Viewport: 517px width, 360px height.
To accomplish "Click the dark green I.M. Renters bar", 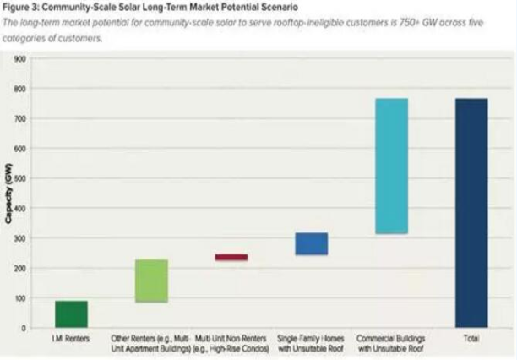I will coord(71,314).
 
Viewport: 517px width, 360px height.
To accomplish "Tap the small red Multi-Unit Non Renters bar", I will coord(231,257).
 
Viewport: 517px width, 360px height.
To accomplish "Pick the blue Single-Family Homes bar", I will coord(311,243).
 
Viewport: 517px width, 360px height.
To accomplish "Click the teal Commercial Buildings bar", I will coord(391,166).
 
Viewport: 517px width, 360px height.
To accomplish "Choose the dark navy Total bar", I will coord(471,212).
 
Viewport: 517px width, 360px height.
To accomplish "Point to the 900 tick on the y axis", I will coord(19,59).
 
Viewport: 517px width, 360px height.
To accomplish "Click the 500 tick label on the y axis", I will coord(19,178).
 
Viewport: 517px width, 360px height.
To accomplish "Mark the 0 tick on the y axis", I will coord(23,328).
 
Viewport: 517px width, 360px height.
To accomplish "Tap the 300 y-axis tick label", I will coord(19,238).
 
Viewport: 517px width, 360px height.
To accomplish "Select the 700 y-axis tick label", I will coord(19,118).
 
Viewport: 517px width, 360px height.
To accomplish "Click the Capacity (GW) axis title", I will coord(8,194).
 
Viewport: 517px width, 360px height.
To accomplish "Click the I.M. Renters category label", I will coord(71,338).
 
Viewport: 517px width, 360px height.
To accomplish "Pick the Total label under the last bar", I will coord(471,338).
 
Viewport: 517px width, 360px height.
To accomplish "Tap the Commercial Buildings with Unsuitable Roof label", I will coord(391,342).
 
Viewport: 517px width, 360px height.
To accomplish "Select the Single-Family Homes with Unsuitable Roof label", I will coord(311,342).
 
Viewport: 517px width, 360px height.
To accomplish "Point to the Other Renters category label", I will coord(151,342).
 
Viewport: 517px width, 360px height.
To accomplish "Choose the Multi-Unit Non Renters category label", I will coord(231,342).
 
